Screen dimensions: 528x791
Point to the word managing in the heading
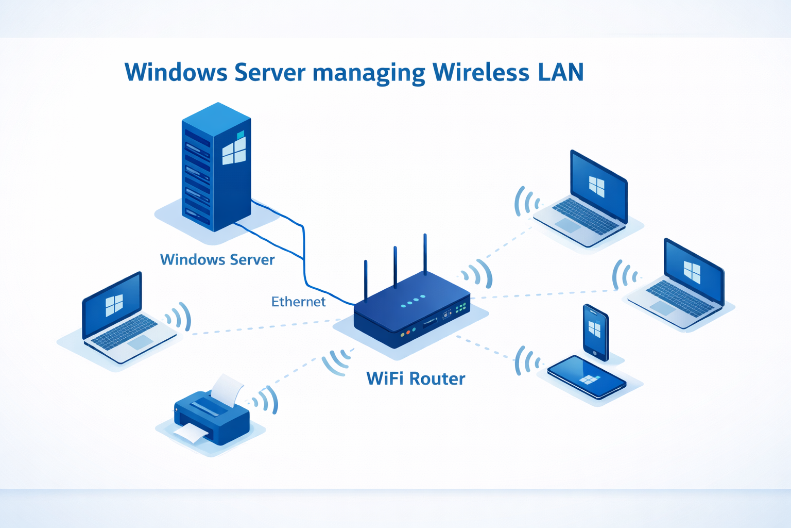pyautogui.click(x=369, y=73)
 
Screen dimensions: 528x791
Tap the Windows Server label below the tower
pyautogui.click(x=217, y=259)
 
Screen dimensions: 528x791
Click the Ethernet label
pyautogui.click(x=298, y=302)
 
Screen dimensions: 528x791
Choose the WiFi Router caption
pyautogui.click(x=416, y=379)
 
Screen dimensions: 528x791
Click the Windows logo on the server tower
pyautogui.click(x=234, y=151)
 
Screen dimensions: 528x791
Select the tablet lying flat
pyautogui.click(x=587, y=377)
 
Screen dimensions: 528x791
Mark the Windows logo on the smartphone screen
pyautogui.click(x=595, y=329)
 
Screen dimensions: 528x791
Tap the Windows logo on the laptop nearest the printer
pyautogui.click(x=114, y=305)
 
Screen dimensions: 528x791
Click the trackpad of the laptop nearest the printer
pyautogui.click(x=140, y=342)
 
